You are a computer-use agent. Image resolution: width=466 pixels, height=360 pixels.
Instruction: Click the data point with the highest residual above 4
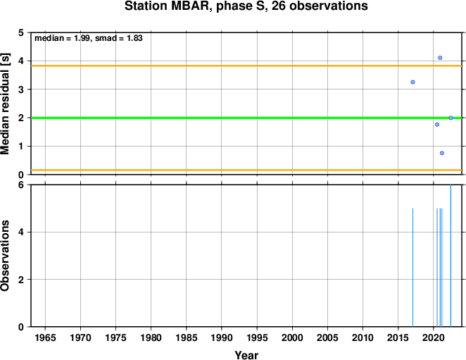pos(440,58)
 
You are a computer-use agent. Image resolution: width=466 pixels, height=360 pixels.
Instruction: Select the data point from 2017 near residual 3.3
pos(413,82)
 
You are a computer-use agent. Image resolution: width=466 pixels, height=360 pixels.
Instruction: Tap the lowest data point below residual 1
pos(442,153)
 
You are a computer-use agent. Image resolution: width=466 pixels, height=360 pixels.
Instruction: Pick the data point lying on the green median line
pos(451,118)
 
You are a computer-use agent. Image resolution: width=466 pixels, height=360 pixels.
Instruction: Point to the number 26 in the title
pos(279,6)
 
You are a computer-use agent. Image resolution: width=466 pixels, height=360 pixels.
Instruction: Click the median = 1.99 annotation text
pos(62,38)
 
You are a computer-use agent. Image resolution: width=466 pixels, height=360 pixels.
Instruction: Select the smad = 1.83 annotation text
pos(119,38)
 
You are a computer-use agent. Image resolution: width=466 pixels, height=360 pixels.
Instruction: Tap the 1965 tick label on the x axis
pos(45,337)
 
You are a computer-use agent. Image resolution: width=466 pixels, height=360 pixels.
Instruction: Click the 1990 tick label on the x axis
pos(222,337)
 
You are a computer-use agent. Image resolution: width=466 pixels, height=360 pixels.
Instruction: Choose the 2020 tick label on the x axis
pos(434,337)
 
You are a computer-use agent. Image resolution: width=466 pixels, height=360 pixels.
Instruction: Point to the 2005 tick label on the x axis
pos(327,337)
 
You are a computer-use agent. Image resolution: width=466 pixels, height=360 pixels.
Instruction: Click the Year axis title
pos(246,355)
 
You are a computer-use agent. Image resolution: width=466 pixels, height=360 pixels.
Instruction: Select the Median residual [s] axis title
pos(5,104)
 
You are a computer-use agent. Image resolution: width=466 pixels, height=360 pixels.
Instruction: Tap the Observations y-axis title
pos(5,256)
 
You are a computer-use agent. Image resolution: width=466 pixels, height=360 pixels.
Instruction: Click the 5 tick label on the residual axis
pos(21,32)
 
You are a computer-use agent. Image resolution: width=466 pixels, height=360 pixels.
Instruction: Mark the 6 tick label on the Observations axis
pos(21,185)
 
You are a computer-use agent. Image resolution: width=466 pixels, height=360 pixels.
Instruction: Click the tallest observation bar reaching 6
pos(451,256)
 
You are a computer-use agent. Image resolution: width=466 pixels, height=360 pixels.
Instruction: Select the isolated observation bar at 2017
pos(413,268)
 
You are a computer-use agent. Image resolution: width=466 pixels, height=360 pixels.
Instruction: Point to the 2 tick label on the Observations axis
pos(21,280)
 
